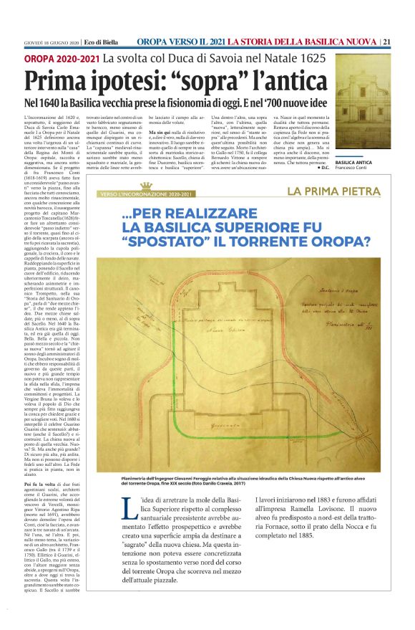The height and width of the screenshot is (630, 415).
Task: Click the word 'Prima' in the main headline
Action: tap(60, 79)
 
